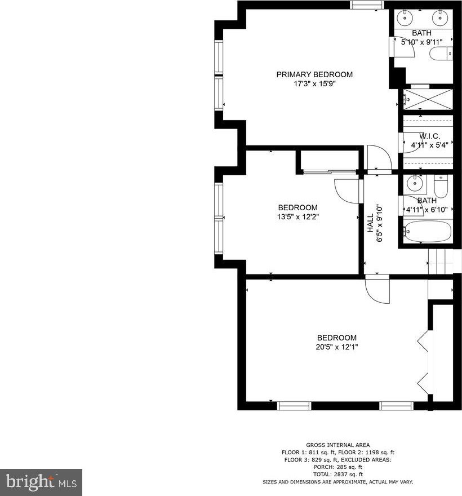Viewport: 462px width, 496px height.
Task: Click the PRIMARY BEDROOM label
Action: (x=314, y=74)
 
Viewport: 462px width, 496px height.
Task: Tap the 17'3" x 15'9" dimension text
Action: (x=314, y=84)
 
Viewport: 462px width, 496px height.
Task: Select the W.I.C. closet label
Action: (x=429, y=136)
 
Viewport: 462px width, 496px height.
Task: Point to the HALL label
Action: (x=370, y=223)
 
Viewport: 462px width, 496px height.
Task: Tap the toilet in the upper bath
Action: (x=441, y=54)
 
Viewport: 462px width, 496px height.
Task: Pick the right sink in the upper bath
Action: (x=439, y=17)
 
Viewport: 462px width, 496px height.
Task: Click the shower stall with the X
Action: (x=428, y=100)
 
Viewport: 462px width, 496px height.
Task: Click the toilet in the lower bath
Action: (x=441, y=187)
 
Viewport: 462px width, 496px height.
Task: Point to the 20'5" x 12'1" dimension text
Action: (x=337, y=347)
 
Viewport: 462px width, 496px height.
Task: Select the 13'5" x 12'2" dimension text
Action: (x=298, y=217)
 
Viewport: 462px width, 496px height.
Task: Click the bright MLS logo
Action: (x=41, y=482)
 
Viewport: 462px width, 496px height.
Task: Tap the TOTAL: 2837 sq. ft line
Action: (x=337, y=474)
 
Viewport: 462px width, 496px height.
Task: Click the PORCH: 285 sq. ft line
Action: (x=337, y=467)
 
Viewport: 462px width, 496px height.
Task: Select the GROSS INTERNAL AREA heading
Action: (x=337, y=445)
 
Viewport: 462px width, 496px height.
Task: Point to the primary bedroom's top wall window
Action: (x=367, y=5)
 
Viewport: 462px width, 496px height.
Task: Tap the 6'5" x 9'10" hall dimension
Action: (x=380, y=223)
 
